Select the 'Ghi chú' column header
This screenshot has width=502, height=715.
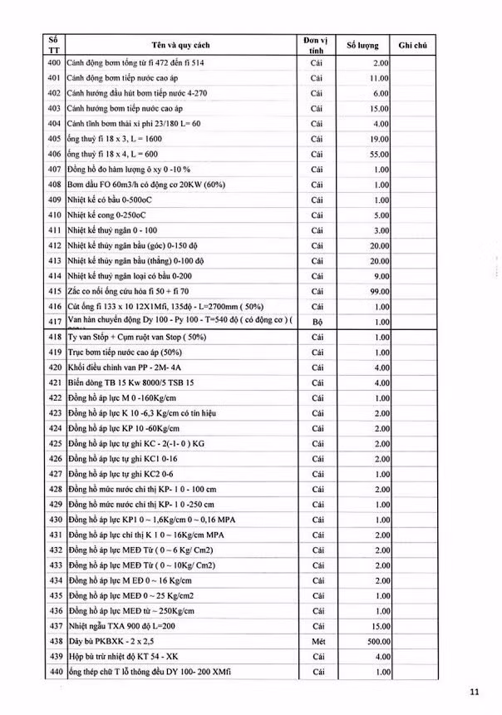413,44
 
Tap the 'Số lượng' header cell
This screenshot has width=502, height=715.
362,44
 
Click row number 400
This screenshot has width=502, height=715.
55,63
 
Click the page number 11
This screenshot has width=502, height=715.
475,690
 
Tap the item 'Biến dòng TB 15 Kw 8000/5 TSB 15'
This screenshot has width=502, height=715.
132,382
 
